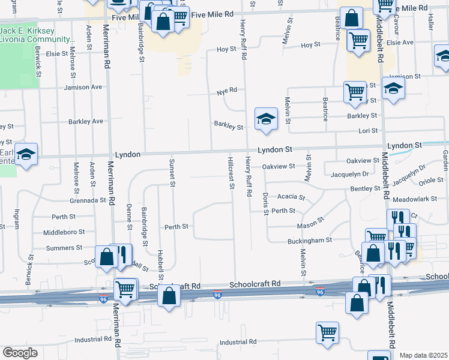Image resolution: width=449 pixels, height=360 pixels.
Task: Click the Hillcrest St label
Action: (231, 173)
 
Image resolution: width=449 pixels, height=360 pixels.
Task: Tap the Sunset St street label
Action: (172, 173)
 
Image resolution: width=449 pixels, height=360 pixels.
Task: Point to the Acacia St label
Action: (292, 196)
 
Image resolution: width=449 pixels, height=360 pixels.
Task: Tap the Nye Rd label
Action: (227, 91)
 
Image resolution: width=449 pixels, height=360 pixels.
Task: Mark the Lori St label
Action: (367, 130)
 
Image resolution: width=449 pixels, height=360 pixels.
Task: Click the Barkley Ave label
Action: (85, 121)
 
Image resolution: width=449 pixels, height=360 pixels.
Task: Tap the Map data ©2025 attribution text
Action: (423, 355)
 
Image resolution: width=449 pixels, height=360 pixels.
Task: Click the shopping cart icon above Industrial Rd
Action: (327, 332)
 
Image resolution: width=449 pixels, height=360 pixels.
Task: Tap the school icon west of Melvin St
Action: (265, 118)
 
